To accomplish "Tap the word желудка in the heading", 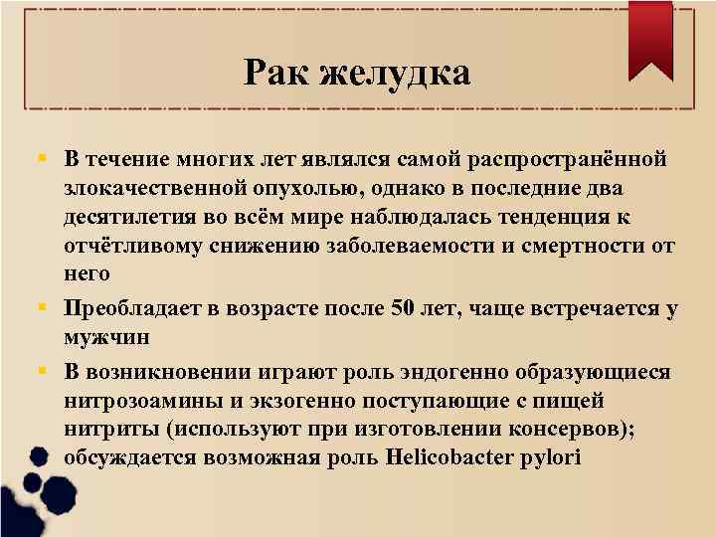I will [x=396, y=72].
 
